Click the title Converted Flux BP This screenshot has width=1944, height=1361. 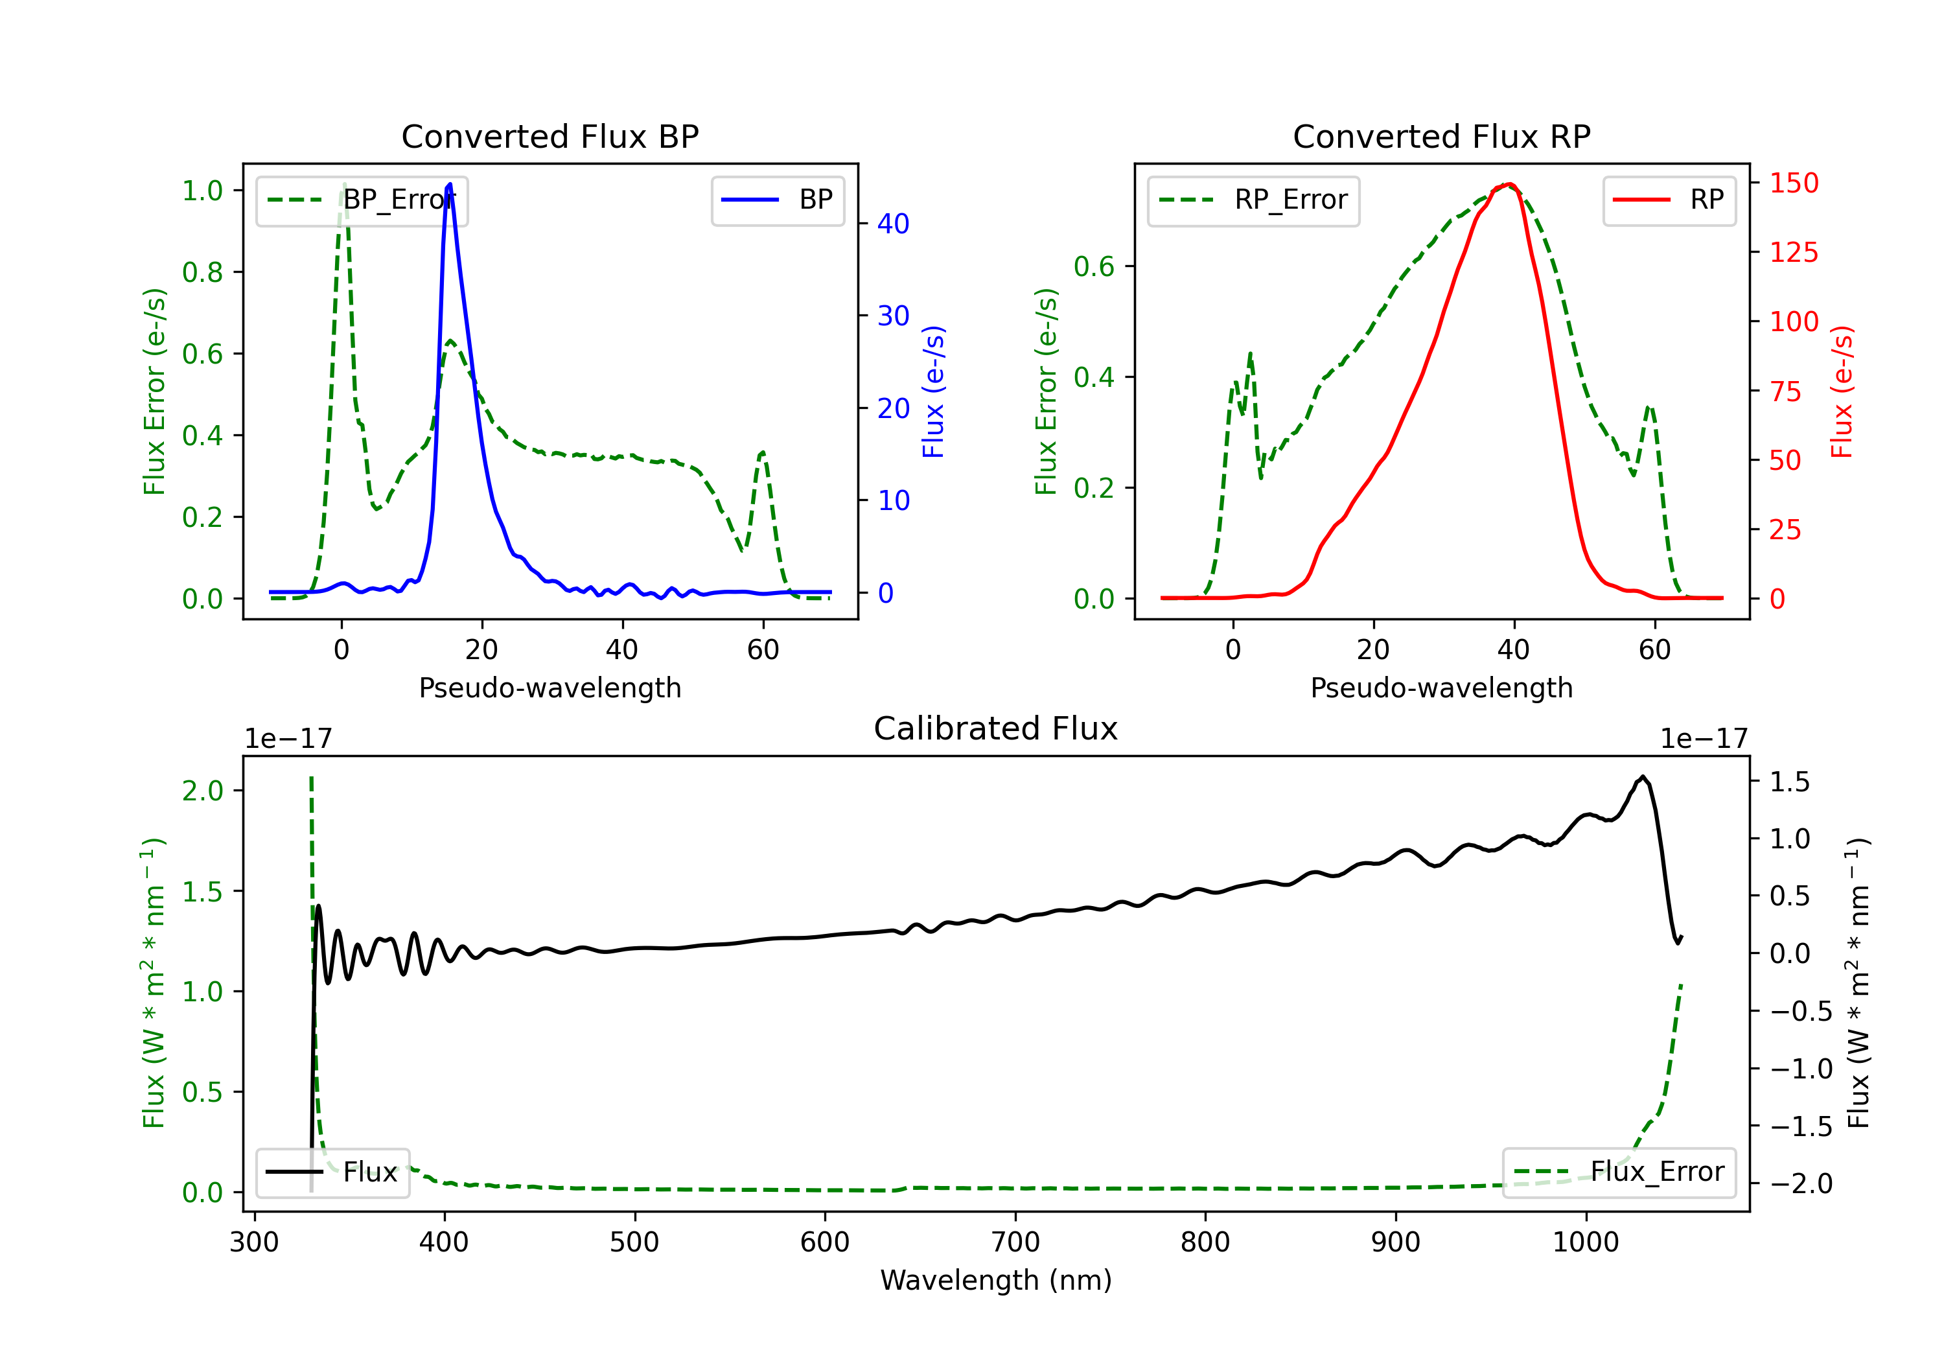click(x=550, y=136)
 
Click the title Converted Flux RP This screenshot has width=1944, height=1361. click(x=1441, y=136)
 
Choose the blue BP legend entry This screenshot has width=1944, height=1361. click(x=777, y=200)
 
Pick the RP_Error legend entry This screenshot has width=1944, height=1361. click(x=1253, y=200)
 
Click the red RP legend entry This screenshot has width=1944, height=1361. click(x=1669, y=200)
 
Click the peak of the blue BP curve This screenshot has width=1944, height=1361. click(x=450, y=184)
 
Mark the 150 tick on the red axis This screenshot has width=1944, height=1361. click(x=1793, y=183)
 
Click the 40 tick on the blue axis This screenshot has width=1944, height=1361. click(x=892, y=224)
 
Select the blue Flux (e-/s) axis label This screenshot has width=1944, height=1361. click(x=933, y=391)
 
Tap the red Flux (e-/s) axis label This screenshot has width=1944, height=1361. click(x=1842, y=391)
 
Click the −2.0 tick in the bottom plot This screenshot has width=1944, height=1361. click(x=1801, y=1183)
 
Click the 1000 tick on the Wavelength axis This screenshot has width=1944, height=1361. click(x=1585, y=1242)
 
